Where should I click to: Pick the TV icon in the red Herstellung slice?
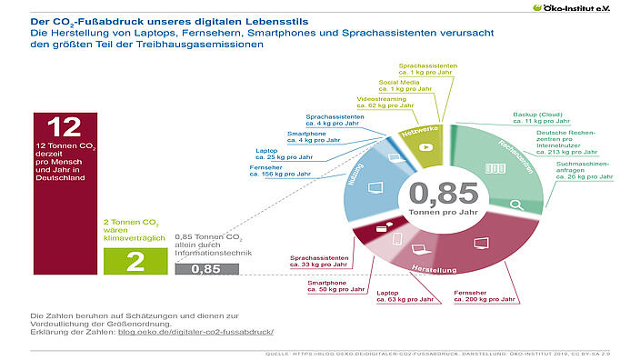coord(476,244)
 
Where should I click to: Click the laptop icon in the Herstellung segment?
coord(419,248)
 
